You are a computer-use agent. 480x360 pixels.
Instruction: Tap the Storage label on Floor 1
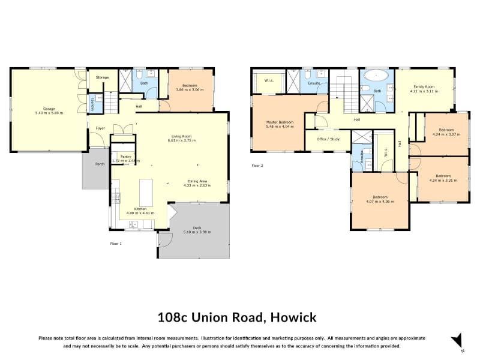click(103, 77)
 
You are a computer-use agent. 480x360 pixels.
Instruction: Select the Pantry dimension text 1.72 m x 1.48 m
click(125, 161)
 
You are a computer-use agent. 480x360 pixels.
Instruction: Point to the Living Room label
click(182, 137)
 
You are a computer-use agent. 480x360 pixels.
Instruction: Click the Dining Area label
click(198, 182)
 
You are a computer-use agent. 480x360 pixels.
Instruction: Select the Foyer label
click(100, 127)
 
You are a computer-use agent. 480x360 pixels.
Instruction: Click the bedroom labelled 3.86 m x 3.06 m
click(190, 86)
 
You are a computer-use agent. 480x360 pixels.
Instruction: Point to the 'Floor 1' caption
click(116, 244)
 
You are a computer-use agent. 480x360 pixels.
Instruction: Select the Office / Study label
click(328, 139)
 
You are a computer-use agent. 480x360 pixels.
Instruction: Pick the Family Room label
click(424, 89)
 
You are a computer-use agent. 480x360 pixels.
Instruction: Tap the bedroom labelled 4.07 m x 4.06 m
click(380, 199)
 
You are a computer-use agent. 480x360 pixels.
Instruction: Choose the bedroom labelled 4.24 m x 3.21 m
click(443, 178)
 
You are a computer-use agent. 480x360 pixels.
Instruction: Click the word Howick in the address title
click(292, 317)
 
